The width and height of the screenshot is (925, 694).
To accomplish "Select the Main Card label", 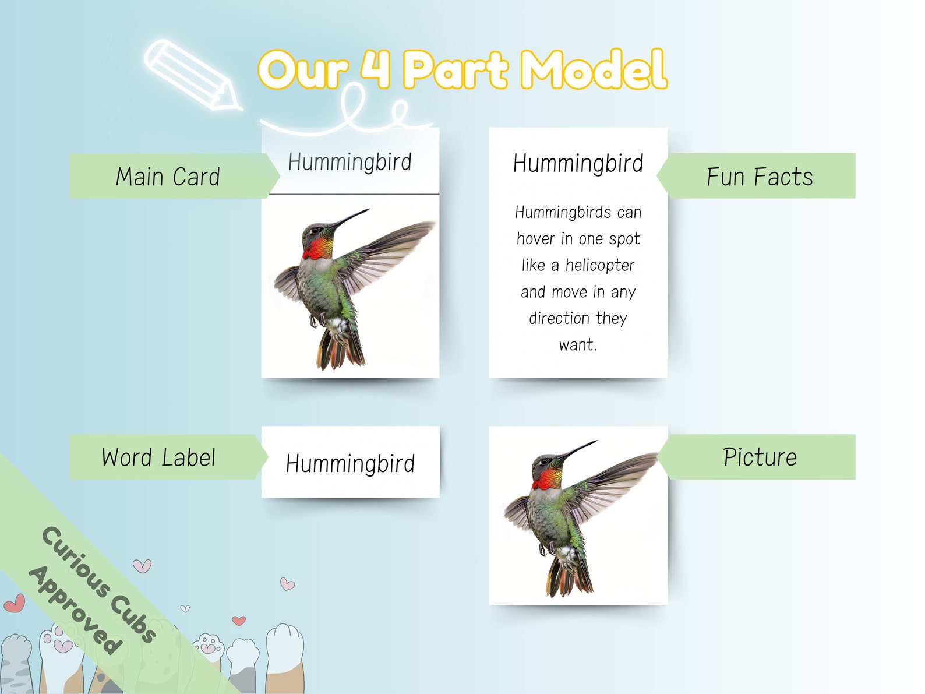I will (x=168, y=177).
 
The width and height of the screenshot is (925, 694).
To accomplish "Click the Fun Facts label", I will (x=759, y=177).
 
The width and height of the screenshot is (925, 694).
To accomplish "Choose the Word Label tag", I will (x=158, y=457).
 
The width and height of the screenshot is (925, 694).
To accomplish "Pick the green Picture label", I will (x=760, y=457).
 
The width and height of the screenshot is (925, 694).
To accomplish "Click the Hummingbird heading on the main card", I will (x=349, y=162).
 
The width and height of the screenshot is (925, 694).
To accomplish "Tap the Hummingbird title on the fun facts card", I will (x=578, y=164).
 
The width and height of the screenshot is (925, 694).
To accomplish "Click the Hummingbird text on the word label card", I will (x=350, y=464).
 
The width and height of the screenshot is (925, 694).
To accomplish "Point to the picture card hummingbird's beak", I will (x=579, y=449).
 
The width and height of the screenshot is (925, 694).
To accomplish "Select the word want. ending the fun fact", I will (x=578, y=345).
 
